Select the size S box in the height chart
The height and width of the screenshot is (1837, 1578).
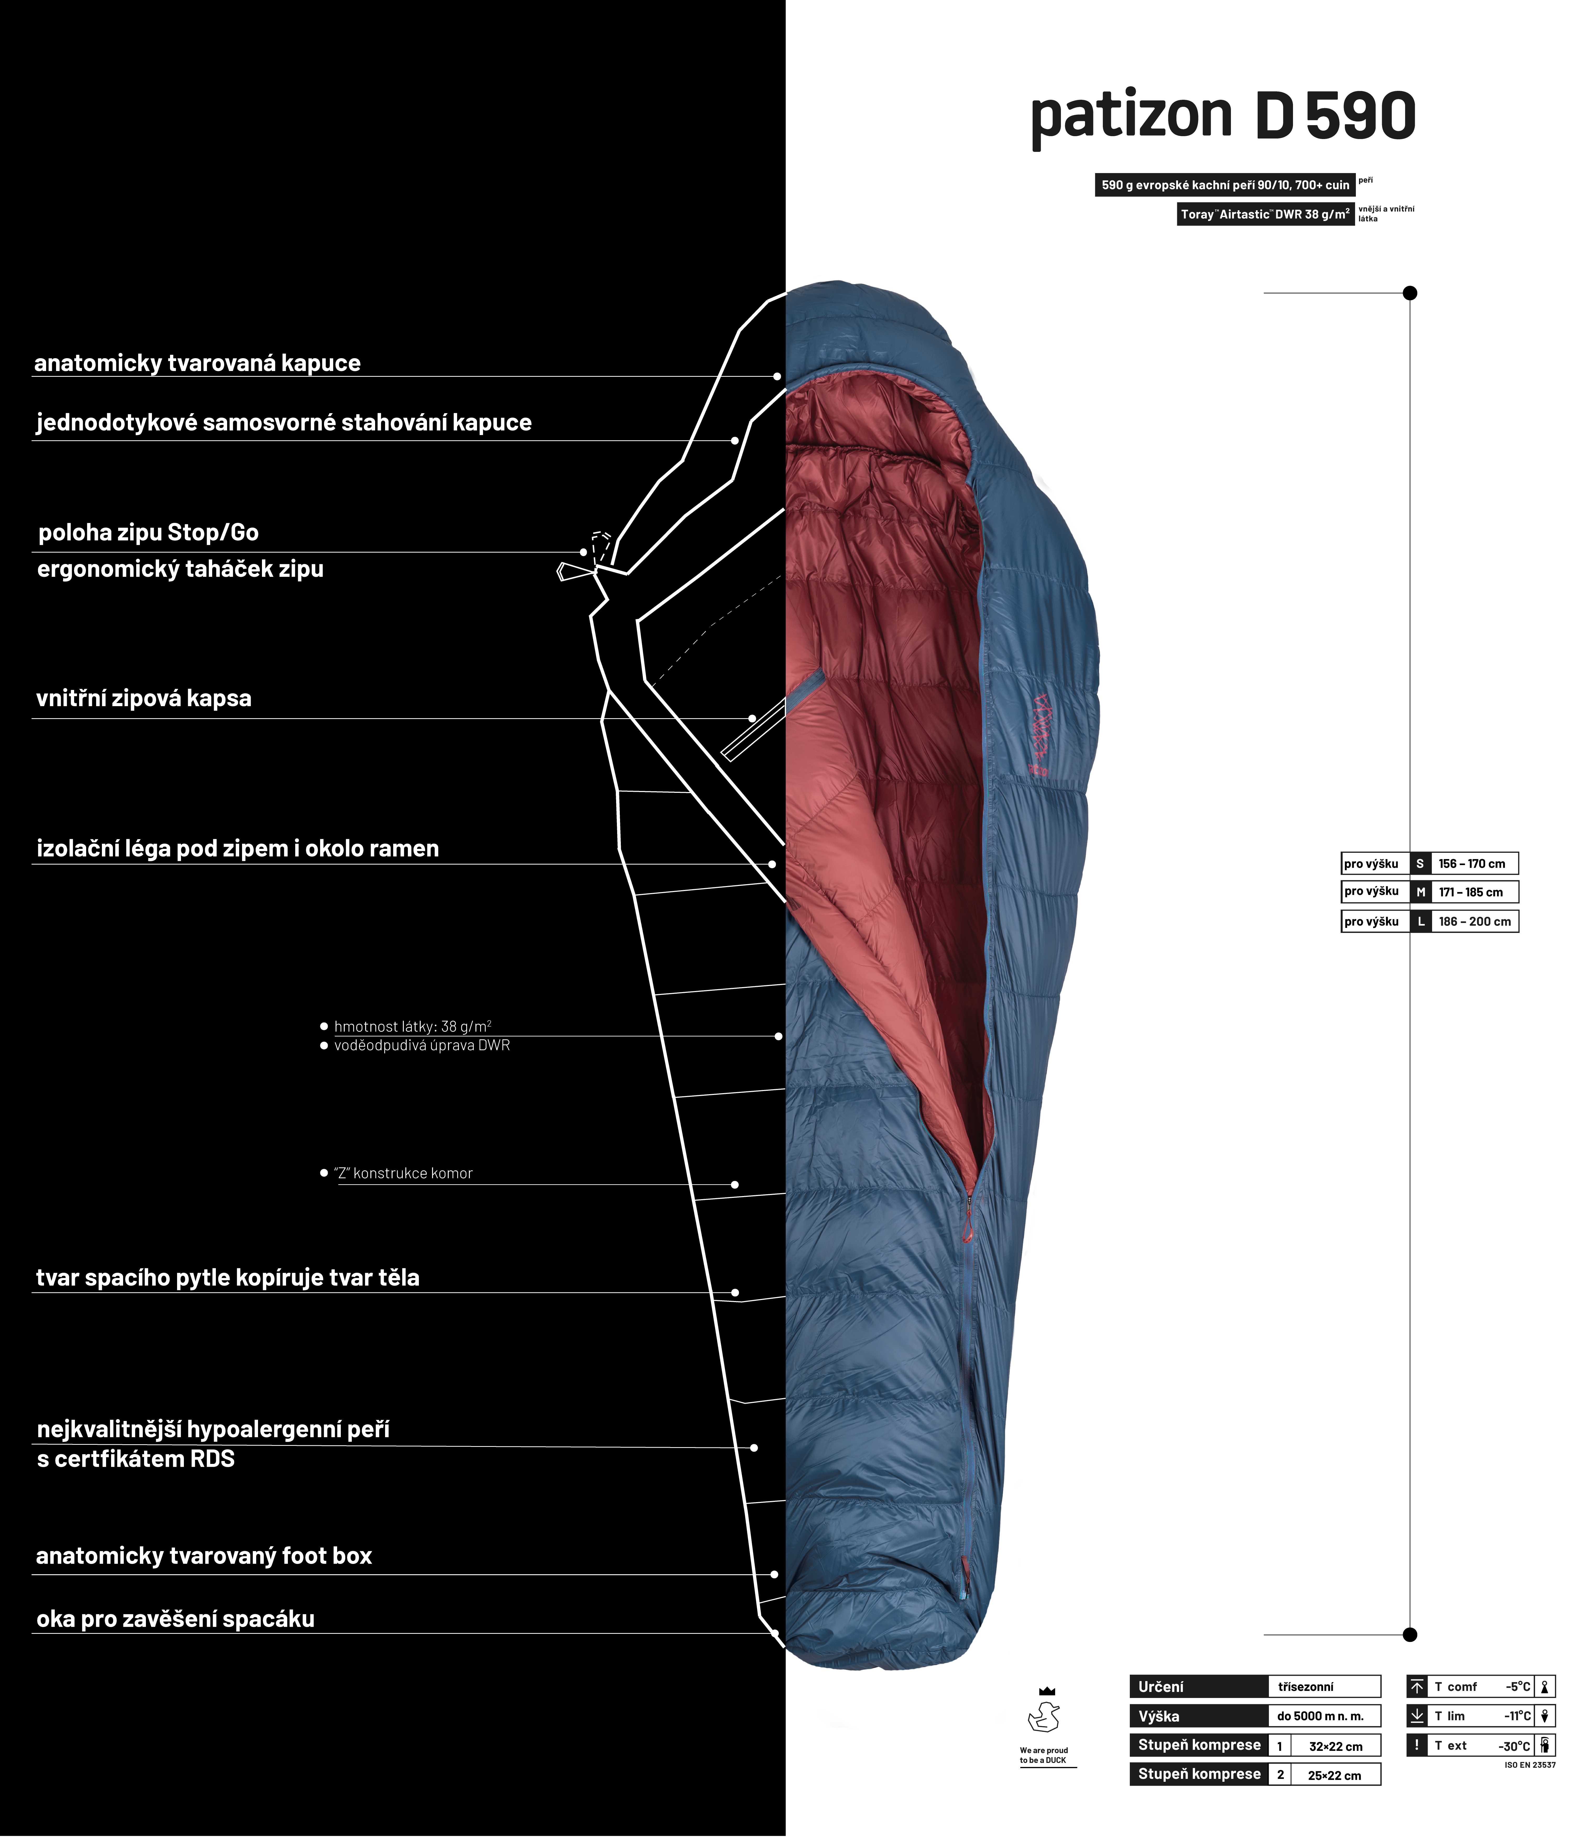point(1419,864)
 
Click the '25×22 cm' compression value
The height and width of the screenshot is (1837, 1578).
point(1334,1775)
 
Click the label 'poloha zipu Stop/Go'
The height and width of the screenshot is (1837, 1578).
point(148,533)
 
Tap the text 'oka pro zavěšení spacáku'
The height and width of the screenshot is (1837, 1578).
point(176,1619)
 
